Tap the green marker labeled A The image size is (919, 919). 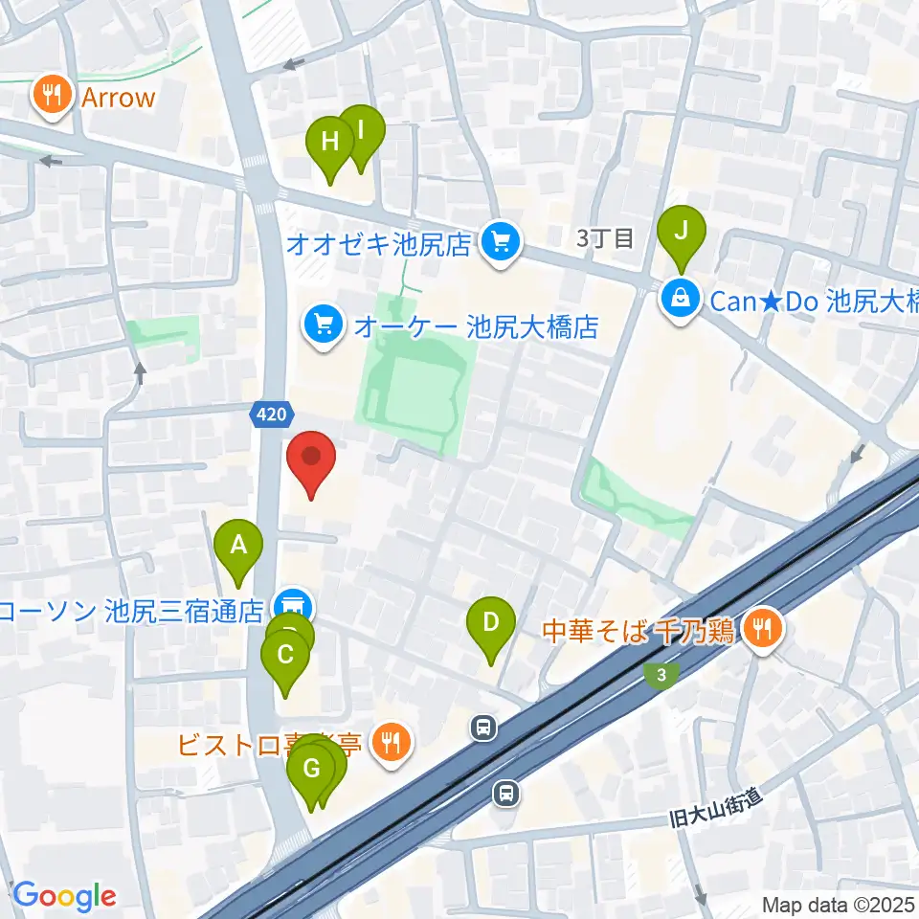[239, 549]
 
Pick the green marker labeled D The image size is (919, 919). [490, 626]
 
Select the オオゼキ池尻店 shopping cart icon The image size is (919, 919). [500, 243]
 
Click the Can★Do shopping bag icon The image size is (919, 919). [680, 300]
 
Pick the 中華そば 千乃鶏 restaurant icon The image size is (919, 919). [763, 630]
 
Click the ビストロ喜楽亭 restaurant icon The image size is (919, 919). [391, 741]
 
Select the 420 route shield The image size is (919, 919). [268, 415]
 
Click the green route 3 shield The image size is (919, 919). [661, 675]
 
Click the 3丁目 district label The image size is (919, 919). [606, 239]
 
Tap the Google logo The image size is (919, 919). [64, 895]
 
